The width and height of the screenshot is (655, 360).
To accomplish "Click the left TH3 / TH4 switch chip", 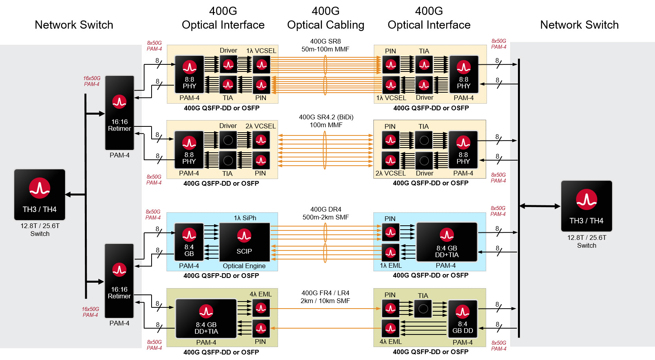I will point(40,194).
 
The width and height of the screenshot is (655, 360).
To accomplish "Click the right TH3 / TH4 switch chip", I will point(586,206).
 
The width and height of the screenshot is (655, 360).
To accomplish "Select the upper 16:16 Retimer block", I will point(119,113).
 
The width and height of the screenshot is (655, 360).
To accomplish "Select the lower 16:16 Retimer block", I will point(119,281).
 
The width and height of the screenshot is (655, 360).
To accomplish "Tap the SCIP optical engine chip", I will point(244,242).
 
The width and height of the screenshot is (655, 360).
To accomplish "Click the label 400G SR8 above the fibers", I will point(325,41).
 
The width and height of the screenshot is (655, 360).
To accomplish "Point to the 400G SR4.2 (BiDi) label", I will point(326,117).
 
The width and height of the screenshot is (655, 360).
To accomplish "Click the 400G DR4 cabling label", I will point(326,209).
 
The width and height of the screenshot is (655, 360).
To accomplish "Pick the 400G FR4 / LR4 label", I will point(325,293).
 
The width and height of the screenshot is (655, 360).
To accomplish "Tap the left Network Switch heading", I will point(74,25).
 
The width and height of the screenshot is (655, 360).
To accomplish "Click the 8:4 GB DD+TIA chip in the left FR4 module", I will point(206,318).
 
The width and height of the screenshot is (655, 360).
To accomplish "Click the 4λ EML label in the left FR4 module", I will point(260,294).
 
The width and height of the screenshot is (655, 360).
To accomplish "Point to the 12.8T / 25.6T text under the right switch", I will point(586,238).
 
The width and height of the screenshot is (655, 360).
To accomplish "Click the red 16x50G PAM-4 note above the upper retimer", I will point(91,81).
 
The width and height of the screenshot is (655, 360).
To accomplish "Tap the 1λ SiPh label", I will point(245,218).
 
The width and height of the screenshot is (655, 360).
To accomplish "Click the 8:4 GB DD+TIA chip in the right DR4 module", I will point(446,242).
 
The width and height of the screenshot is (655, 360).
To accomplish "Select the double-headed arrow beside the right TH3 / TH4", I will point(540,206).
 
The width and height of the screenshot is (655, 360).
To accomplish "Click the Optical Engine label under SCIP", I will point(244,266).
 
